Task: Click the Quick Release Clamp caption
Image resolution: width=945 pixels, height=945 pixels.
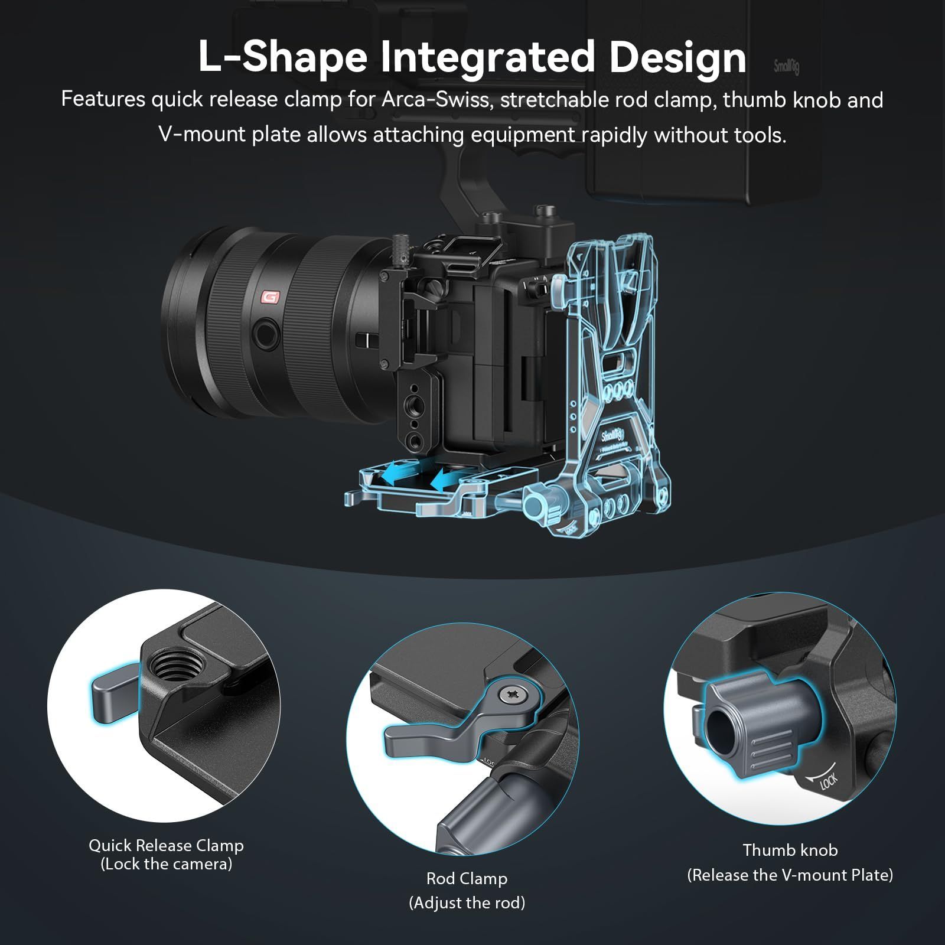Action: tap(166, 846)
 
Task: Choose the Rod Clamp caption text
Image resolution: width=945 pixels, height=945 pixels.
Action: tap(467, 878)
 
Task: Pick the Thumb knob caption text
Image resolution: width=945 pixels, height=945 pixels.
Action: tap(790, 850)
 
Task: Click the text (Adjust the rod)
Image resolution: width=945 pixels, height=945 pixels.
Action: tap(467, 903)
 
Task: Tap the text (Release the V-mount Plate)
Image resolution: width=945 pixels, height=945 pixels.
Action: tap(790, 875)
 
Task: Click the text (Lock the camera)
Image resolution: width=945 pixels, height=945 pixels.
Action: tap(166, 864)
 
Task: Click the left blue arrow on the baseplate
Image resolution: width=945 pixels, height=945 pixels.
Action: tap(395, 472)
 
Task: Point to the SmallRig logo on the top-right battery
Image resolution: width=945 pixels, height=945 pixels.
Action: tap(786, 66)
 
